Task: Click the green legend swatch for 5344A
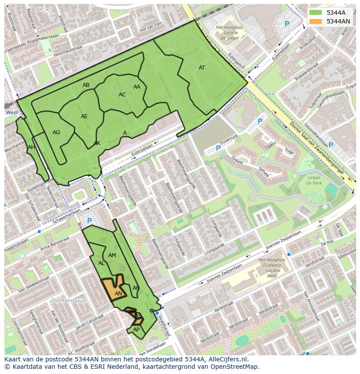316,13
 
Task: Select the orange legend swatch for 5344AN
316,21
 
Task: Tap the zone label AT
202,68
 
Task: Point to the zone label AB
86,85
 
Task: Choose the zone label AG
56,132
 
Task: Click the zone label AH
31,147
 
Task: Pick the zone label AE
84,116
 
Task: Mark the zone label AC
122,95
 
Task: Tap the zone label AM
112,255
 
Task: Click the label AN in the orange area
118,294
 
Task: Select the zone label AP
136,329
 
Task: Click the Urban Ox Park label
313,180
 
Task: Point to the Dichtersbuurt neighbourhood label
69,300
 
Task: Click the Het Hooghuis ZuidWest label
272,268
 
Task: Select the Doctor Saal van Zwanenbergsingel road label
316,149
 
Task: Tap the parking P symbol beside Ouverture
218,148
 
